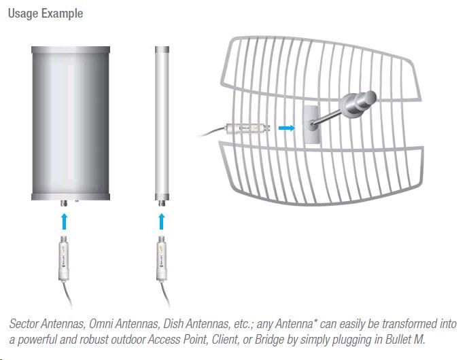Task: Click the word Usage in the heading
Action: click(23, 14)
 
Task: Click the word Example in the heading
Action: click(63, 14)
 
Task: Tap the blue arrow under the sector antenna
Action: click(64, 221)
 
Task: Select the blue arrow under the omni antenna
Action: click(162, 221)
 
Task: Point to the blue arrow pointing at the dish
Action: click(287, 128)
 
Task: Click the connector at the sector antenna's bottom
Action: click(64, 203)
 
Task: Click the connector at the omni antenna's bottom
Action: click(162, 203)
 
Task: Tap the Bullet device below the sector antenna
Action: click(63, 258)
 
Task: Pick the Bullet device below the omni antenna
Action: click(161, 258)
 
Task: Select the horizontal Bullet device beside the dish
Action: click(248, 128)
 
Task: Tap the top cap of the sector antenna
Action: click(71, 50)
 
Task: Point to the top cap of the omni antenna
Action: click(162, 50)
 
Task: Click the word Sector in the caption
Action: click(24, 324)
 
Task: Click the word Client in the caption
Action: click(226, 340)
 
